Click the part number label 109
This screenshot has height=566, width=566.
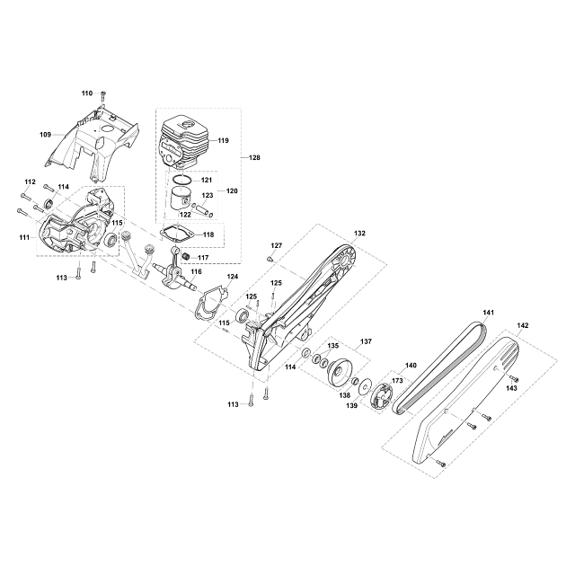[x=45, y=135]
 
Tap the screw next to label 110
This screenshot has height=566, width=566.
[x=103, y=95]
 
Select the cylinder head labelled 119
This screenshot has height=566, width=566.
[x=184, y=143]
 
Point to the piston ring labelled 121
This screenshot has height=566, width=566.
[x=182, y=180]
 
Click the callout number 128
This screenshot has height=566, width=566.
[x=254, y=158]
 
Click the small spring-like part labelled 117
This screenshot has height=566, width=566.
[x=186, y=257]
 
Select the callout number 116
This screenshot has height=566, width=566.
[x=197, y=272]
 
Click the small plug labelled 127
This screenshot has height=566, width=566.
[x=270, y=258]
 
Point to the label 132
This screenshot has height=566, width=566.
[x=359, y=234]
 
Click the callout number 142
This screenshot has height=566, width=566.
[x=523, y=325]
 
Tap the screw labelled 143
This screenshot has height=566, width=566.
[x=514, y=378]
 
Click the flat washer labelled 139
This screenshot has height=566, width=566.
[x=365, y=387]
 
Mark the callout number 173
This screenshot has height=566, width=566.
[x=397, y=381]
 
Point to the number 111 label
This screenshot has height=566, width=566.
[x=25, y=237]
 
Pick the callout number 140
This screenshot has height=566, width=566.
[x=411, y=366]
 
